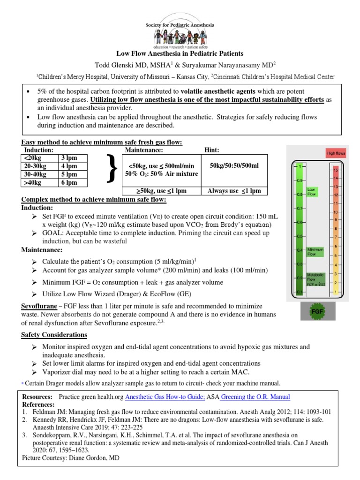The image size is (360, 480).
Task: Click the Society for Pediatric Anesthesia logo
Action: [x=180, y=26]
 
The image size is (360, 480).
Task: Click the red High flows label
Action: [x=336, y=153]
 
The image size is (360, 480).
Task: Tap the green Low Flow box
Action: [x=312, y=191]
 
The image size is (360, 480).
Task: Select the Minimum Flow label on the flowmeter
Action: [x=315, y=252]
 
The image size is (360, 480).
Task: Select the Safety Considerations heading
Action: [x=54, y=335]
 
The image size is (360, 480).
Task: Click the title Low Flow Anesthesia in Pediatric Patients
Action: [x=180, y=54]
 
